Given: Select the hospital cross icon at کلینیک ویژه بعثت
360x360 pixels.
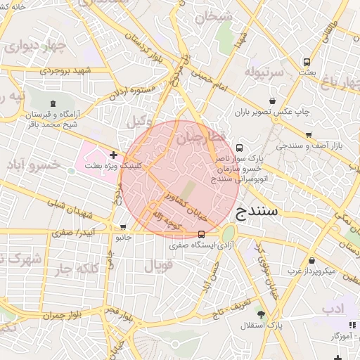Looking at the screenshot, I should (x=113, y=154).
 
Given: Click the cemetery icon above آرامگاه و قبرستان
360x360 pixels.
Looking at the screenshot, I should (x=56, y=103).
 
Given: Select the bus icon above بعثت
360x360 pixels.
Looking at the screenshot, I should (x=306, y=62).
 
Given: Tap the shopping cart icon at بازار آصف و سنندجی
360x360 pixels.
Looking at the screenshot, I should (x=309, y=135).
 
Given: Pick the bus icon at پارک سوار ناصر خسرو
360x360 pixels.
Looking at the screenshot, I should (x=240, y=148).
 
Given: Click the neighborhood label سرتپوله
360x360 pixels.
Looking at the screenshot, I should (x=264, y=71).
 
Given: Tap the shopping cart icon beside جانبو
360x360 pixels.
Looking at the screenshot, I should (x=124, y=227).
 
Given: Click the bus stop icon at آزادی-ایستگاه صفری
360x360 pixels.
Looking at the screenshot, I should (x=202, y=234).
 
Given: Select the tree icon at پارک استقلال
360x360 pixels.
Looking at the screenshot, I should (x=261, y=315).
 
